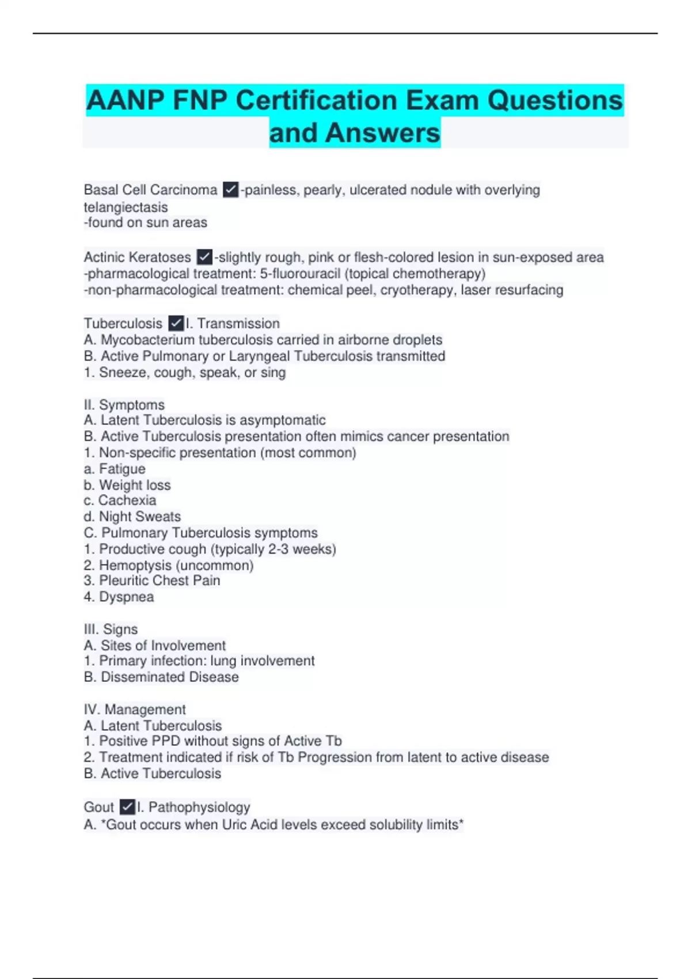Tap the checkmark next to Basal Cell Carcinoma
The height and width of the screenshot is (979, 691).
pyautogui.click(x=230, y=189)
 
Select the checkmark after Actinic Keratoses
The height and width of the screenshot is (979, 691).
pyautogui.click(x=204, y=257)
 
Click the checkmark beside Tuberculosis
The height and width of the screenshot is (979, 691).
pyautogui.click(x=176, y=324)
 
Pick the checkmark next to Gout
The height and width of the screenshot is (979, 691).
pyautogui.click(x=127, y=807)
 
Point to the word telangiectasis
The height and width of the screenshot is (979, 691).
pyautogui.click(x=126, y=207)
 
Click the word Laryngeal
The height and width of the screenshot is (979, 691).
pyautogui.click(x=259, y=356)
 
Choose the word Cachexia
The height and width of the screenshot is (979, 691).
pyautogui.click(x=127, y=500)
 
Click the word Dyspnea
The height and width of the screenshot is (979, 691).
pyautogui.click(x=126, y=597)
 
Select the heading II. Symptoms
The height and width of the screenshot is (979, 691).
pyautogui.click(x=124, y=405)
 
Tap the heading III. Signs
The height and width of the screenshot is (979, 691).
pyautogui.click(x=111, y=629)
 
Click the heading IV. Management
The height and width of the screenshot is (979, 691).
pyautogui.click(x=135, y=709)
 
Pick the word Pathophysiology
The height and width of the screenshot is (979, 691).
pyautogui.click(x=199, y=807)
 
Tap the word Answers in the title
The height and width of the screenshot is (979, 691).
pyautogui.click(x=382, y=133)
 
